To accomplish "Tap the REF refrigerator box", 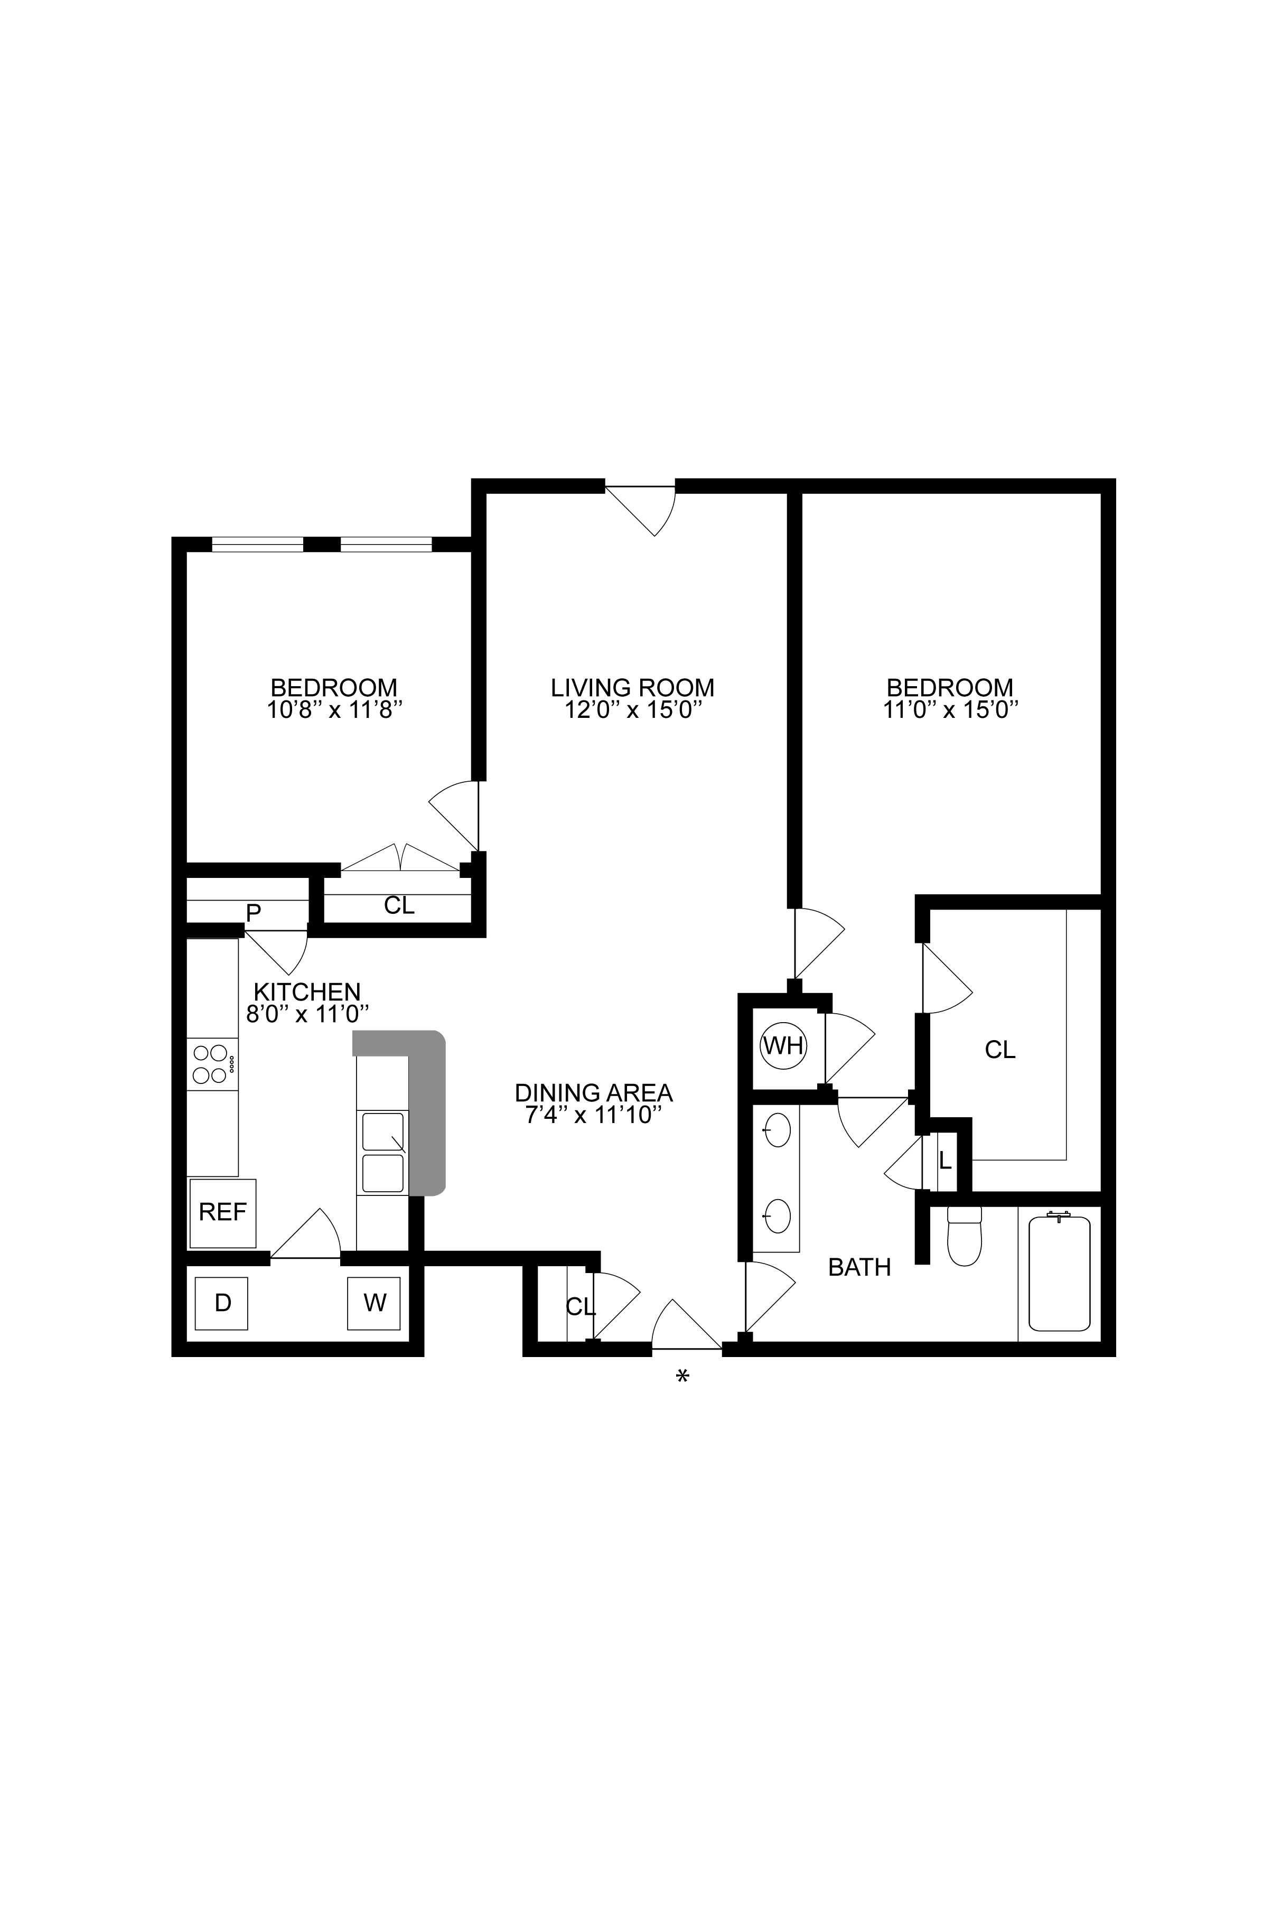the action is (222, 1213).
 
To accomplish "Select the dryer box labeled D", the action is (221, 1304).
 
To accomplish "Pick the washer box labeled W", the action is (374, 1304).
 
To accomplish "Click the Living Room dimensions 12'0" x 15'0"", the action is (633, 710).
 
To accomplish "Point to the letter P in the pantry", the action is (253, 913).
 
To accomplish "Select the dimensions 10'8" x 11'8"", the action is (335, 710).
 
